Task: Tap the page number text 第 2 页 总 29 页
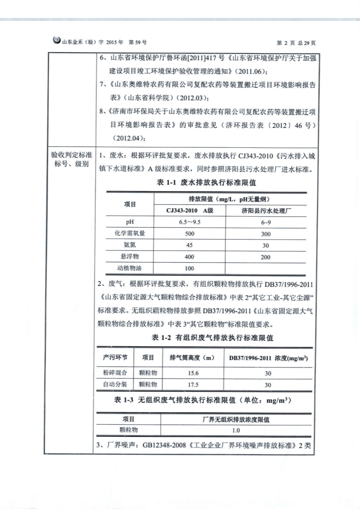click(x=296, y=42)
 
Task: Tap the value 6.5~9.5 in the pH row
click(x=190, y=222)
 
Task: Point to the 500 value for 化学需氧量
click(x=190, y=234)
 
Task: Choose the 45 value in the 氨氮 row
click(x=190, y=245)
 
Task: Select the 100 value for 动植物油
click(x=190, y=268)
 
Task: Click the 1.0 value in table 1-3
click(x=236, y=430)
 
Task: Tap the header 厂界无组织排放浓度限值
click(x=236, y=420)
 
